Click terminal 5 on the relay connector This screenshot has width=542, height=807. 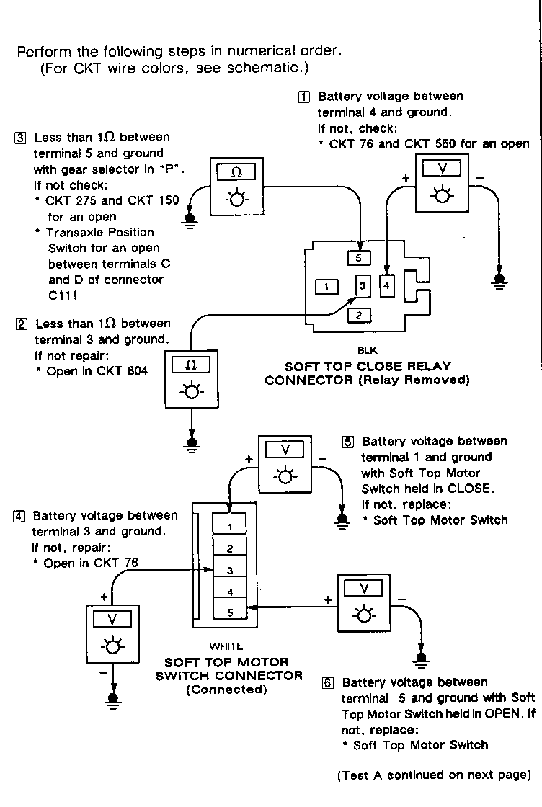point(359,257)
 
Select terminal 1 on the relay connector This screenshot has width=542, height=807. point(327,287)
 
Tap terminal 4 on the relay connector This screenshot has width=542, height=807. point(387,285)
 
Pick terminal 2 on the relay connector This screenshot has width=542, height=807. point(359,314)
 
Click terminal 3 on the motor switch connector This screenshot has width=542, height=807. point(229,570)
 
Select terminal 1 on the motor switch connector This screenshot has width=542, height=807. point(229,527)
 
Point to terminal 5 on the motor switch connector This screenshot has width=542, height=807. point(229,613)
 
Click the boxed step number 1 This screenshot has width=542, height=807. point(306,97)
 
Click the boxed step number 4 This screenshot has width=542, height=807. point(19,516)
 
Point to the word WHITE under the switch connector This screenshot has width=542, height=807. point(226,646)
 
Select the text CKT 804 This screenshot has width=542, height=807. point(123,371)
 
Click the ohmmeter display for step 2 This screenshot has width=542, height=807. point(191,365)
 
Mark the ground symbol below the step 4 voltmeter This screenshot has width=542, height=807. point(112,699)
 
